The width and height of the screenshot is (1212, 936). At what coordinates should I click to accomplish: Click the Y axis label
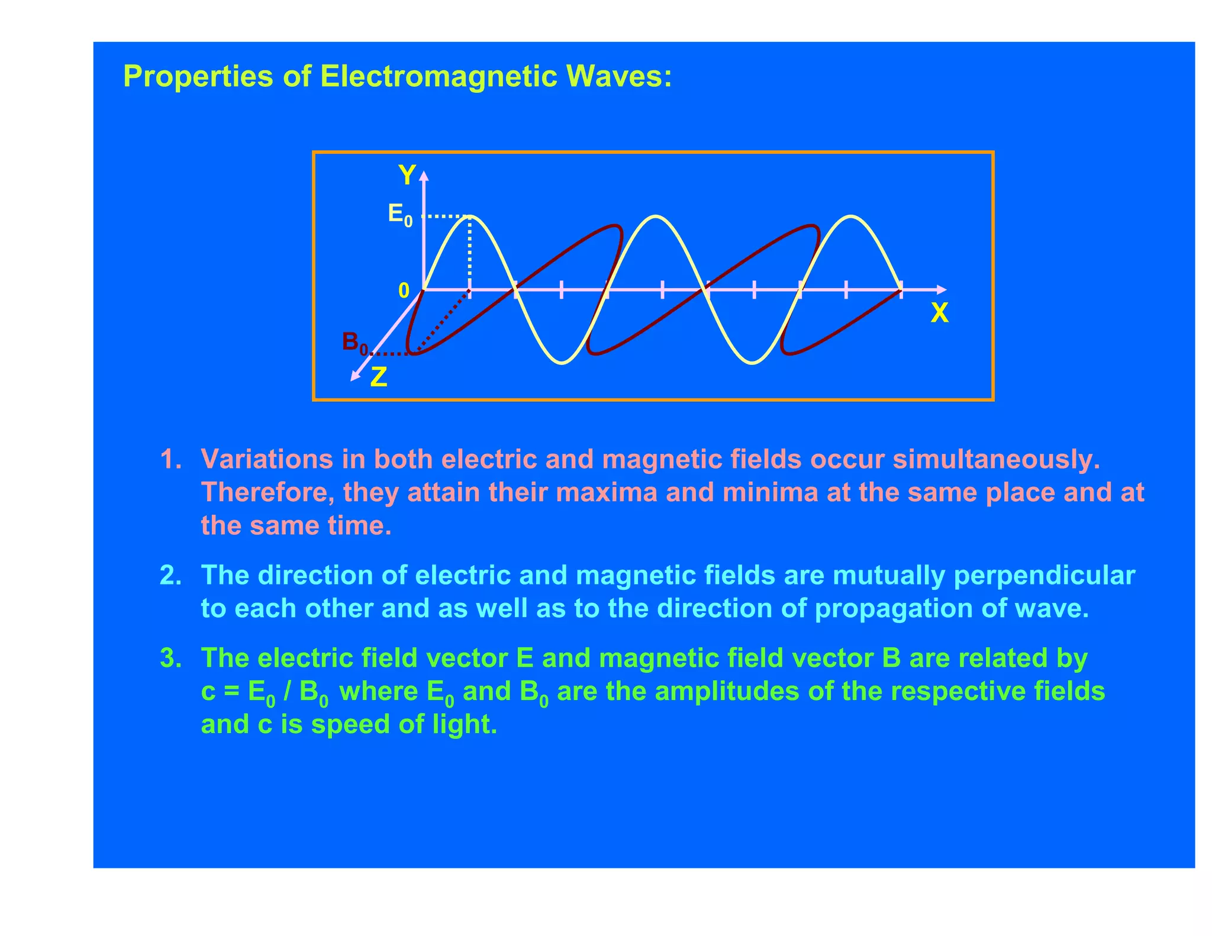tap(407, 176)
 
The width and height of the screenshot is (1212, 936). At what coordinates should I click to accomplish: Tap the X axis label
tap(939, 313)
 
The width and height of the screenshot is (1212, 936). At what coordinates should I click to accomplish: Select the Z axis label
tap(379, 377)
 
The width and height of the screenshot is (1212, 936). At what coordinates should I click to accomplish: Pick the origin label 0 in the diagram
tap(404, 291)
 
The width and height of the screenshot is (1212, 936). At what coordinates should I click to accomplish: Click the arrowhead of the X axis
tap(942, 289)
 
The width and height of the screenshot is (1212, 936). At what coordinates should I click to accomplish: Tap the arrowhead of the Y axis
tap(423, 175)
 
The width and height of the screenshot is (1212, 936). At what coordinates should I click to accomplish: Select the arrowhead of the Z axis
tap(355, 376)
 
